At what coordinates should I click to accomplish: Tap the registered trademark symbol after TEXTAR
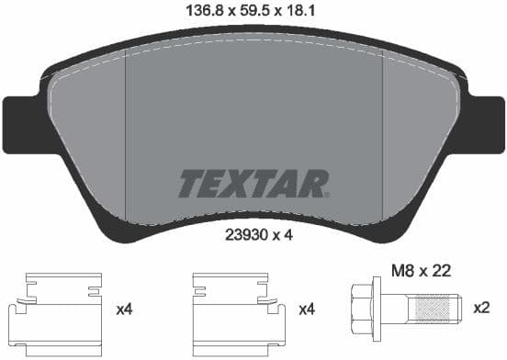point(323,194)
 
